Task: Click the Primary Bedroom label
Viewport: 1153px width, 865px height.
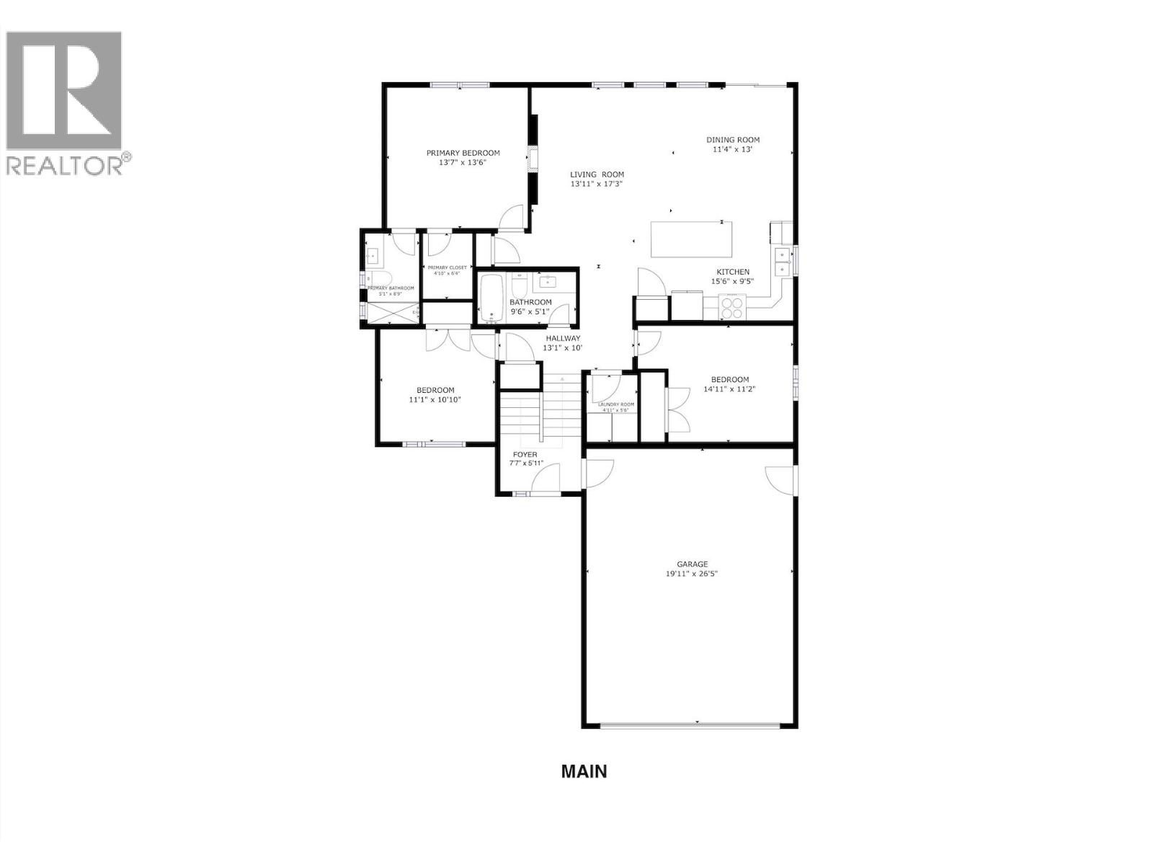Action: point(463,153)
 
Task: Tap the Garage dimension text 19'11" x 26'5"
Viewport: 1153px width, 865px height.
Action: point(692,574)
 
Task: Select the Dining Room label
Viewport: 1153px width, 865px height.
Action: point(732,140)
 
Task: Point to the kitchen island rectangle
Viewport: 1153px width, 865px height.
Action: point(692,239)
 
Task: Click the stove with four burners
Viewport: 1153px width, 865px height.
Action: point(732,308)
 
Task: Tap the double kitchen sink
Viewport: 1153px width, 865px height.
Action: point(781,261)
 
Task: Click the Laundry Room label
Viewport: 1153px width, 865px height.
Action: point(616,404)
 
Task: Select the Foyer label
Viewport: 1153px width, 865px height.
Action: point(525,454)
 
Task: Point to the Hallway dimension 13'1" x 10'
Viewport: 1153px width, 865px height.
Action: point(562,348)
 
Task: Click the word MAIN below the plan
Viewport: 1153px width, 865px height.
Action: point(584,771)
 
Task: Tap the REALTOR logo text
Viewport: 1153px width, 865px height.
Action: point(65,165)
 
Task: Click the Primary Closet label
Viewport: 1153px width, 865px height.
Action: point(447,267)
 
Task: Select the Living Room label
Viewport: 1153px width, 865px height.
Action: point(597,174)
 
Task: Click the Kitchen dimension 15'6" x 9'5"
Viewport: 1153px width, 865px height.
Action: point(732,281)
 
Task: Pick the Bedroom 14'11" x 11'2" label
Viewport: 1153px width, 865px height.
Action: point(729,379)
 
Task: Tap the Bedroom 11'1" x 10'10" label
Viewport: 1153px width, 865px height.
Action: point(435,390)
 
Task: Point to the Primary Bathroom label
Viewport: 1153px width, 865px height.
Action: point(391,288)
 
